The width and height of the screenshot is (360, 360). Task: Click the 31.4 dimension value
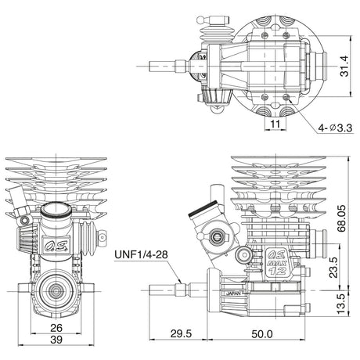coord(344,67)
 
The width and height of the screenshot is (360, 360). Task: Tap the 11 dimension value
coord(275,124)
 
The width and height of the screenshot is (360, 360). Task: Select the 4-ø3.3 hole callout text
coord(335,128)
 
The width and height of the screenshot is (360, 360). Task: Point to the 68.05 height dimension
coord(341,218)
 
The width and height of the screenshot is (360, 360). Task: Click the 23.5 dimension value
coord(333,268)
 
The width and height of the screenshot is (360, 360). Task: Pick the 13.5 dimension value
coord(341,304)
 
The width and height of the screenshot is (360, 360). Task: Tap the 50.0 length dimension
coord(262,334)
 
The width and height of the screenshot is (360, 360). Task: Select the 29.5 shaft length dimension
coord(181,333)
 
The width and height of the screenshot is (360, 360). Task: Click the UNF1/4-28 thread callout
coord(141,254)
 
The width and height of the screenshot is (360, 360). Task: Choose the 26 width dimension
coord(56,328)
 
